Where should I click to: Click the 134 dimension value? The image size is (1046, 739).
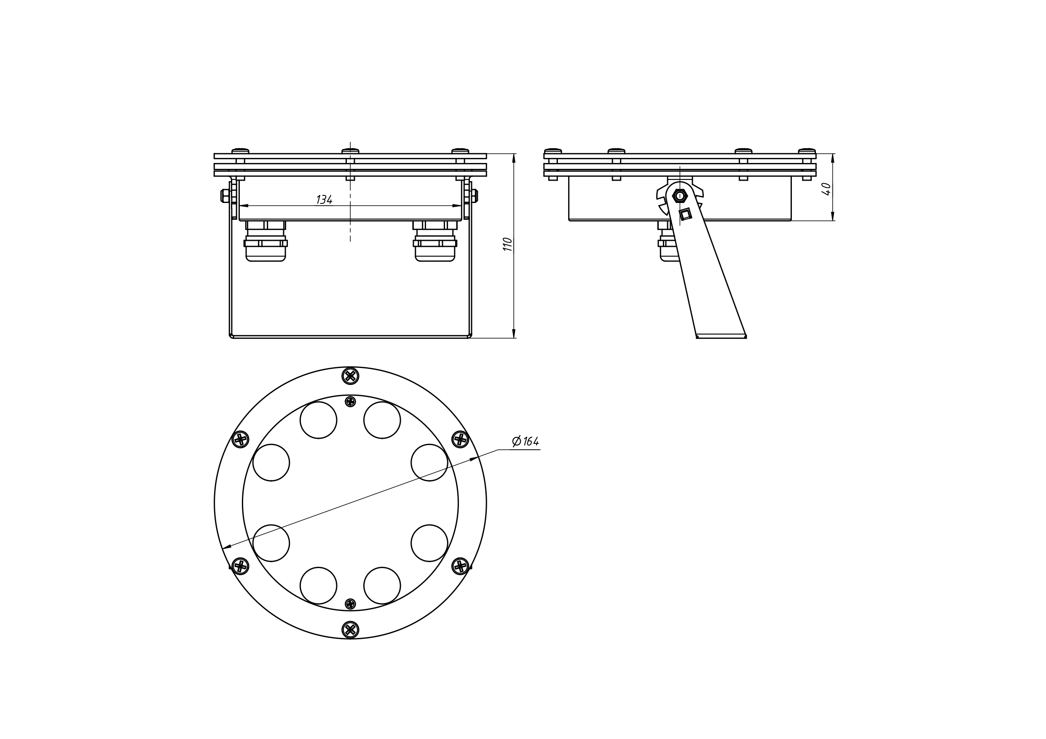point(325,200)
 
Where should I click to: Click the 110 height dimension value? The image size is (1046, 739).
point(507,244)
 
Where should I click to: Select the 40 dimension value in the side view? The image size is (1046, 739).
point(826,189)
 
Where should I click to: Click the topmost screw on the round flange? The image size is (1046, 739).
point(350,376)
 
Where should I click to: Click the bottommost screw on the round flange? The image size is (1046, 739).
point(350,630)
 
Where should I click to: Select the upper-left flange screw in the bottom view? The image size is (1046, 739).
point(241,439)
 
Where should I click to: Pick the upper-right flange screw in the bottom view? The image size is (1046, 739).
point(460,439)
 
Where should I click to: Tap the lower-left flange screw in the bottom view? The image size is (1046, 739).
point(241,566)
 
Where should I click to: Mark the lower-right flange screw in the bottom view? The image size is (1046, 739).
point(460,566)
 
